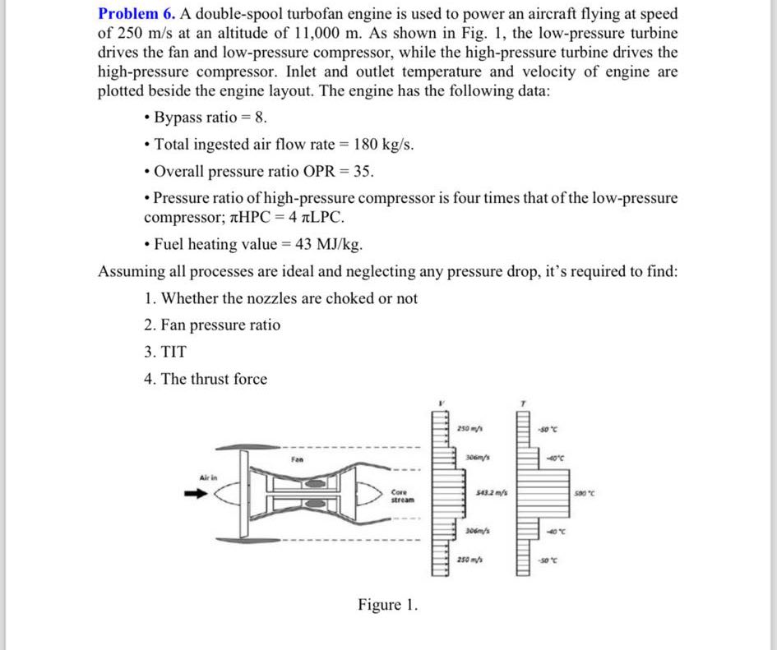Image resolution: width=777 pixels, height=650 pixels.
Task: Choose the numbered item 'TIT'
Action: [x=174, y=352]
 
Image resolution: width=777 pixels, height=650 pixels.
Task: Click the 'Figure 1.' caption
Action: [x=387, y=606]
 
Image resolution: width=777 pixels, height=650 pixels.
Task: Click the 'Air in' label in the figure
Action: [x=206, y=476]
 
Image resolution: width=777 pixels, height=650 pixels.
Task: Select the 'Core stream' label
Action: [x=402, y=496]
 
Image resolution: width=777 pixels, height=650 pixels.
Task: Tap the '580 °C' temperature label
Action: [x=586, y=492]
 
